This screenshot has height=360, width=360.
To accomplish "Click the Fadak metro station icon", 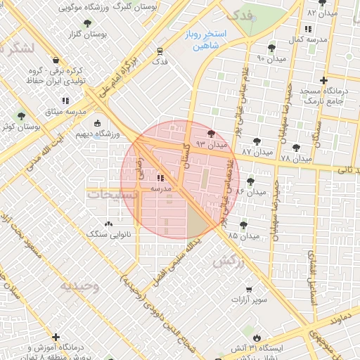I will click(160, 51).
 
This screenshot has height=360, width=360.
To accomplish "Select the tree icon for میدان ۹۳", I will click(212, 134).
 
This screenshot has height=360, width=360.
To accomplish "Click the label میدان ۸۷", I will click(256, 152).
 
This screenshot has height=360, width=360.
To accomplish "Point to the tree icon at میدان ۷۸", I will click(297, 148).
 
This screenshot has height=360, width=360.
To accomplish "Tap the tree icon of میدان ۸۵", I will click(243, 225).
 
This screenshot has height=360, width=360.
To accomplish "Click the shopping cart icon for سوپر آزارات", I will click(249, 289).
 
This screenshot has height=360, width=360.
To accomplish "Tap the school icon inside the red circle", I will click(161, 179).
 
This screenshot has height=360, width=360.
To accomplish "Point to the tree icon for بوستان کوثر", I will click(20, 115).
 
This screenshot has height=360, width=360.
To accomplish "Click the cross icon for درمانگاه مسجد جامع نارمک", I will click(323, 81).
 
